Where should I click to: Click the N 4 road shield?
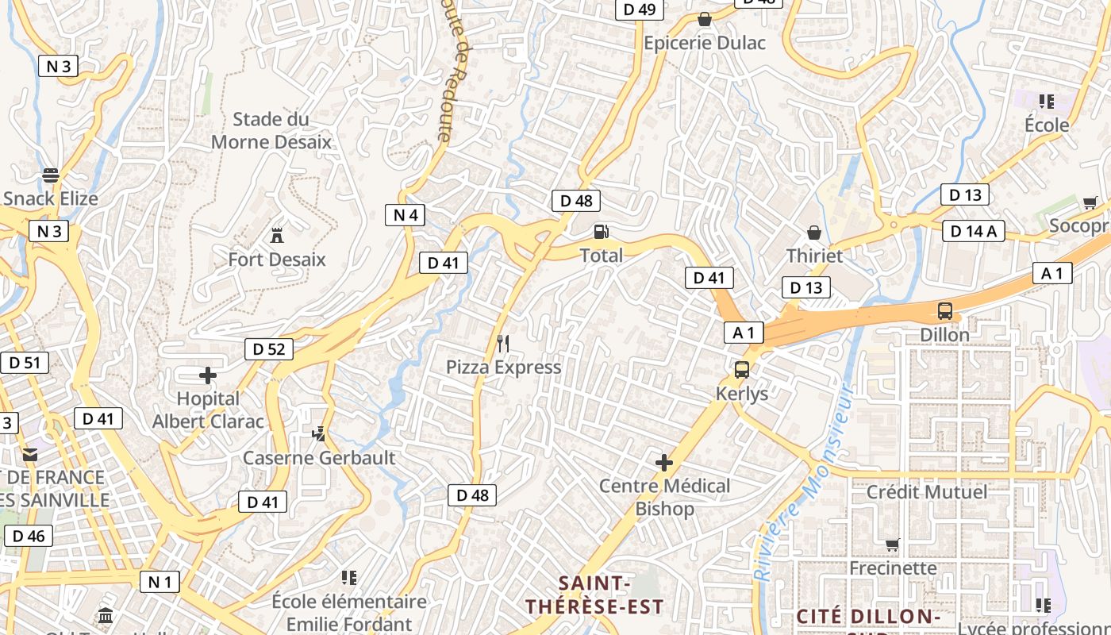point(406,214)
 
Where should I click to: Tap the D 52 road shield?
point(269,348)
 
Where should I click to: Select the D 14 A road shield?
point(974,231)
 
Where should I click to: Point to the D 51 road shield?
point(24,363)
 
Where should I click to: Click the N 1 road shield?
point(160,582)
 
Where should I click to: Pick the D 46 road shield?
point(29,536)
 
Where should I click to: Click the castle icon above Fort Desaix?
point(277,235)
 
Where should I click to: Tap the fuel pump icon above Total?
point(602,232)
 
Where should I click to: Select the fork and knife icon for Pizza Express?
point(503,344)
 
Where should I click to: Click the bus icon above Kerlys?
point(742,370)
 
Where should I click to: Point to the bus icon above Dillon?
point(944,311)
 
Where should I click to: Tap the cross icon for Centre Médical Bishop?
point(664,462)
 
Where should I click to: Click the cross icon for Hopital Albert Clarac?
point(208,375)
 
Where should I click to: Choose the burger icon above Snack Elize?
point(51,175)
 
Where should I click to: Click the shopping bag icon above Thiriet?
point(813,233)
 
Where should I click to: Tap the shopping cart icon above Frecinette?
point(893,545)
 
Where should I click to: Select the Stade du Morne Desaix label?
point(271,131)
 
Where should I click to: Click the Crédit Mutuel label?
point(927,491)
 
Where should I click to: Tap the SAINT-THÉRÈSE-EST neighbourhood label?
point(594,595)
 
